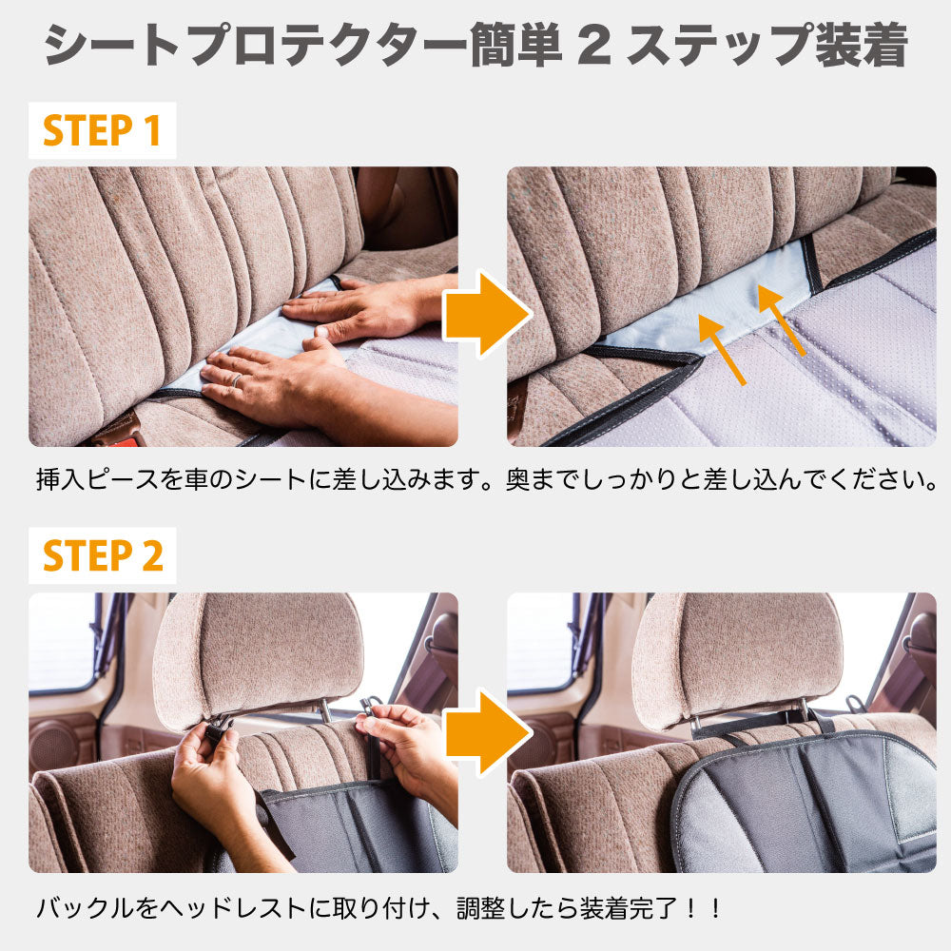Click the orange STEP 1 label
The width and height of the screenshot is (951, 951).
pyautogui.click(x=103, y=130)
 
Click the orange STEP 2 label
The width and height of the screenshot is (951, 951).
pyautogui.click(x=103, y=555)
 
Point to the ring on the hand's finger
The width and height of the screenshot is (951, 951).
pyautogui.click(x=235, y=379)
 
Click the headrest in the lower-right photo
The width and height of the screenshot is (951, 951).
pyautogui.click(x=737, y=651)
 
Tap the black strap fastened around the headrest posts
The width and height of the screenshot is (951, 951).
pyautogui.click(x=751, y=724)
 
